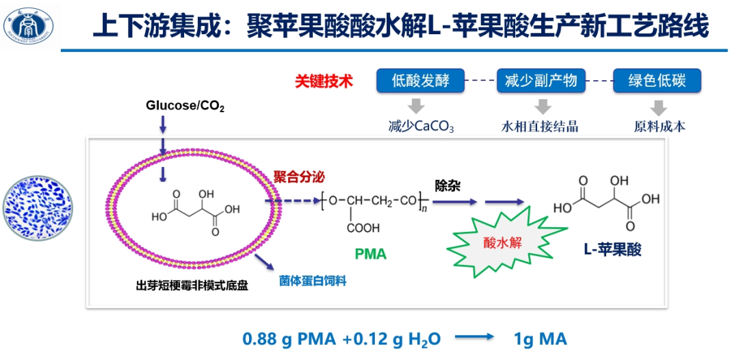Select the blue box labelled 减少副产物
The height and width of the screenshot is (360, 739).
541,81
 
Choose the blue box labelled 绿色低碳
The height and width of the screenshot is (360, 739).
657,81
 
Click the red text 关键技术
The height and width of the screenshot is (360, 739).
324,81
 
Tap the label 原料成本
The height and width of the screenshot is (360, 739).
659,127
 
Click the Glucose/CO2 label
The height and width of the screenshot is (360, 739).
185,106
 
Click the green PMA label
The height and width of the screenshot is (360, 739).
370,255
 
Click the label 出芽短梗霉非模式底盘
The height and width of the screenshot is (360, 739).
192,285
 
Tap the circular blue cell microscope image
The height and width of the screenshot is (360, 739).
37,209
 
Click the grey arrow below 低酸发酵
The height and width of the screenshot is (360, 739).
416,106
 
